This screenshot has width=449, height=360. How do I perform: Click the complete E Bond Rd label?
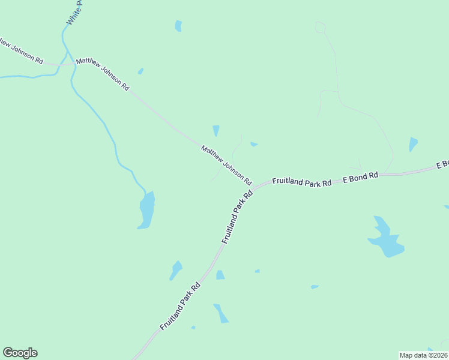click(x=360, y=177)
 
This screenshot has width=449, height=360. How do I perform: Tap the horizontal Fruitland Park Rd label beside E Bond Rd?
click(x=302, y=181)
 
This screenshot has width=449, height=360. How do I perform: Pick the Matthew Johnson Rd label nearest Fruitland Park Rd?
click(x=226, y=164)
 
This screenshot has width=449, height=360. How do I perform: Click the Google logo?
click(x=20, y=353)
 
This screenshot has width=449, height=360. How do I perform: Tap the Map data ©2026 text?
click(x=423, y=355)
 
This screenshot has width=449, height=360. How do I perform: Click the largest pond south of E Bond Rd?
click(x=385, y=239)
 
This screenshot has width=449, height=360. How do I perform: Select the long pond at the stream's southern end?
click(x=146, y=210)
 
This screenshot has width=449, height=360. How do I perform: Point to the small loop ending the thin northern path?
click(x=320, y=27)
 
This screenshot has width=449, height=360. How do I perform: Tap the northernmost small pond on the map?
click(x=178, y=26)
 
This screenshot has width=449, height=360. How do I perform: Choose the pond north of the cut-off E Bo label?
click(x=412, y=145)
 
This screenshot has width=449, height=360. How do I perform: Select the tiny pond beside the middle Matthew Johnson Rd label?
click(x=140, y=71)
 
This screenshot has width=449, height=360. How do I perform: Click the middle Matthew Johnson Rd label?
click(x=102, y=74)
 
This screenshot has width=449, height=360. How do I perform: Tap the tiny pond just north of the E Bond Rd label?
click(x=254, y=144)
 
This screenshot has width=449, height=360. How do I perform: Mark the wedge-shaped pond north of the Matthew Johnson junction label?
click(x=216, y=130)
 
